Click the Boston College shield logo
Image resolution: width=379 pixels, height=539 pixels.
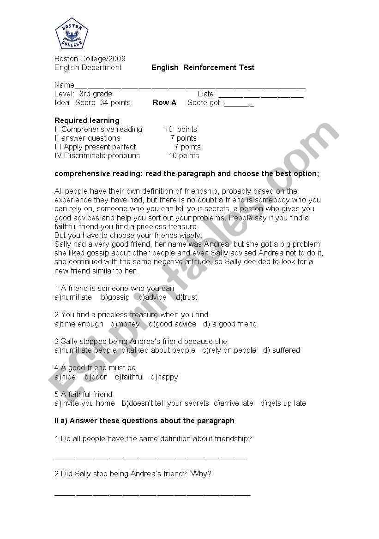[x=72, y=34]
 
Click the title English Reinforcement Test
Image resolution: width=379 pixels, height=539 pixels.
[x=203, y=68]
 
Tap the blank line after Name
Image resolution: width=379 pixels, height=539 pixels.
[x=189, y=86]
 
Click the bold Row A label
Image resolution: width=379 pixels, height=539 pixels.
[x=164, y=103]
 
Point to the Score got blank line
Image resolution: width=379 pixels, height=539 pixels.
[x=239, y=104]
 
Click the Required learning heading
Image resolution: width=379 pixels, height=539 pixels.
[x=87, y=121]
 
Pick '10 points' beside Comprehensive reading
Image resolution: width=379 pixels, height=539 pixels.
[x=180, y=130]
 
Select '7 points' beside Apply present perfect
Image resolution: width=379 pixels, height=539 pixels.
[x=187, y=147]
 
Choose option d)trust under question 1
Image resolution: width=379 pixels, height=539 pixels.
[x=186, y=297]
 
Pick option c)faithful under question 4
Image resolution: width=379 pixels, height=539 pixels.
[x=129, y=377]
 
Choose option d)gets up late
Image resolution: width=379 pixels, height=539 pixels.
[x=283, y=403]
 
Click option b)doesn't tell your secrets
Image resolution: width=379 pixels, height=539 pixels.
[x=165, y=403]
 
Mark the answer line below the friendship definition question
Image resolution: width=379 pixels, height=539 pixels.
[x=150, y=459]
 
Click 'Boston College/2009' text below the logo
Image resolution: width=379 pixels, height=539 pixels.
[x=90, y=59]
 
